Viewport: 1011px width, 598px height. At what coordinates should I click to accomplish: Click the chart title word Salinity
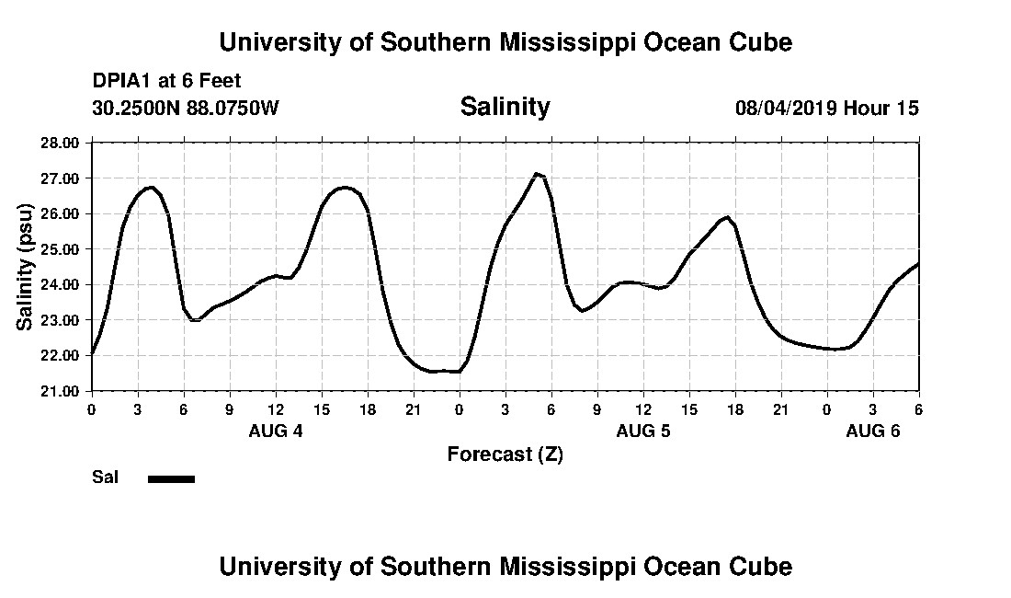pos(505,107)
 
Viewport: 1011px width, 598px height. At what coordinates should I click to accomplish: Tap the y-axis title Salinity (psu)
pos(26,267)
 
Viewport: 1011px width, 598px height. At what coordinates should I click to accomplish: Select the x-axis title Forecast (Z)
pos(505,454)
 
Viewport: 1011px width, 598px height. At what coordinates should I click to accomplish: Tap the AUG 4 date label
pos(276,431)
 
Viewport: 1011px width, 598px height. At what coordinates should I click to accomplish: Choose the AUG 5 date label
pos(643,431)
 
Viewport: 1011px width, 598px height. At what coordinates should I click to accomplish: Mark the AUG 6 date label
pos(873,431)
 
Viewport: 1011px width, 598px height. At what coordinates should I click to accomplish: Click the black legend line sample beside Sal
pos(171,478)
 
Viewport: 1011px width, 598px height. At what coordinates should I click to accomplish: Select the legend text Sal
pos(105,477)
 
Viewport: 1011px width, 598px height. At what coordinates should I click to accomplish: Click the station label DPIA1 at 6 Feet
pos(166,81)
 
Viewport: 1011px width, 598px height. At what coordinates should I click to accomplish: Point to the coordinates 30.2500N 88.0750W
pos(185,108)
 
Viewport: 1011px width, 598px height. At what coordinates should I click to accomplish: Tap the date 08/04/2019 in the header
pos(786,108)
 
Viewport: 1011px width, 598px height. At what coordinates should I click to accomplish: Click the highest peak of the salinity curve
pos(537,173)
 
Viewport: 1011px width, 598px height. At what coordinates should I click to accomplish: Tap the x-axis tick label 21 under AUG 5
pos(781,408)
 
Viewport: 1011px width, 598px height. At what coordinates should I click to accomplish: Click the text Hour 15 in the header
pos(881,108)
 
